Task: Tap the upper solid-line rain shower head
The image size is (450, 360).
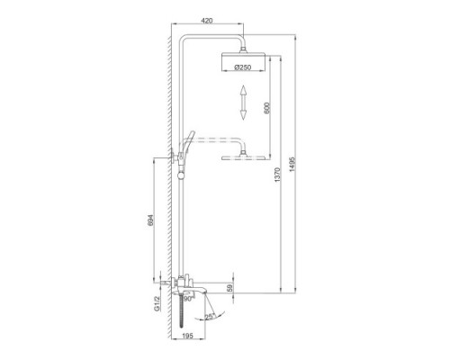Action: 243,58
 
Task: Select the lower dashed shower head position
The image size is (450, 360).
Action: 243,159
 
